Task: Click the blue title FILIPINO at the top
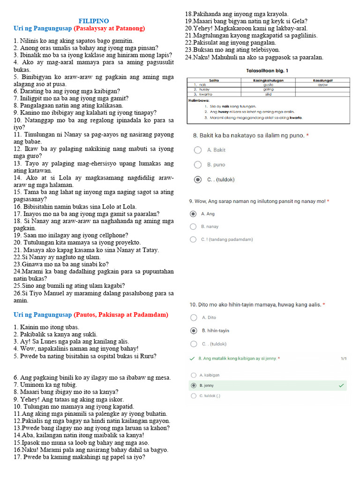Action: pyautogui.click(x=93, y=21)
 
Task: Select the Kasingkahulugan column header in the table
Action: pyautogui.click(x=268, y=81)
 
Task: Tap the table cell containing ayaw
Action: pyautogui.click(x=322, y=85)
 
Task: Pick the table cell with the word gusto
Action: pyautogui.click(x=268, y=85)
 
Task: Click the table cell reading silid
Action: pyautogui.click(x=268, y=94)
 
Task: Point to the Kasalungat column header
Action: pyautogui.click(x=322, y=81)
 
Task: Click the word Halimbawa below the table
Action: pyautogui.click(x=198, y=100)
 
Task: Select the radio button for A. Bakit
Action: pyautogui.click(x=198, y=150)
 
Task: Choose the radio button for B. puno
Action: pyautogui.click(x=198, y=165)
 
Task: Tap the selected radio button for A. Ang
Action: pyautogui.click(x=193, y=214)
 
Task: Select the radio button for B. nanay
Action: pyautogui.click(x=193, y=226)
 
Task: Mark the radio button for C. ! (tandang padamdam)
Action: pyautogui.click(x=193, y=240)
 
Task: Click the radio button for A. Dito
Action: pyautogui.click(x=194, y=317)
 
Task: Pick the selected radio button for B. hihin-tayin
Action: pyautogui.click(x=194, y=330)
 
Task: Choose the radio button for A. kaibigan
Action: pyautogui.click(x=193, y=375)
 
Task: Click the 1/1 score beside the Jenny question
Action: pyautogui.click(x=344, y=359)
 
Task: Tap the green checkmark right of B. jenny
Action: pyautogui.click(x=341, y=385)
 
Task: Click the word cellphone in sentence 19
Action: pyautogui.click(x=112, y=235)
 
